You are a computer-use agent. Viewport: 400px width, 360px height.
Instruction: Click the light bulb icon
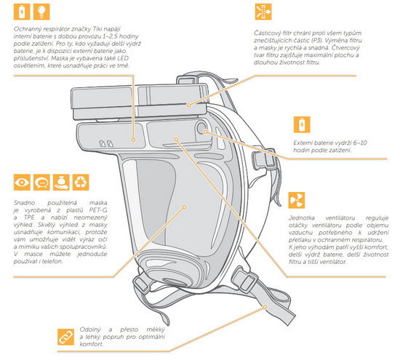41,12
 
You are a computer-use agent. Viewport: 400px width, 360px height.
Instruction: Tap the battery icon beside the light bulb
22,12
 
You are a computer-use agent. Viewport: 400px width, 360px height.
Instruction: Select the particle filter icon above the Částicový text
263,12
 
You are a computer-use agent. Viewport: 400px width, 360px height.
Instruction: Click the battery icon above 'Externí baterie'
302,124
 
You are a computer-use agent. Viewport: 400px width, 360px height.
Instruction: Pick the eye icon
22,182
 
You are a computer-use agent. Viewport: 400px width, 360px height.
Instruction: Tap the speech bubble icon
41,182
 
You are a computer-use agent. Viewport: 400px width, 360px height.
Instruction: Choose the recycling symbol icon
81,182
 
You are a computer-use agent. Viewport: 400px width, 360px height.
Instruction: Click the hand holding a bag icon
61,182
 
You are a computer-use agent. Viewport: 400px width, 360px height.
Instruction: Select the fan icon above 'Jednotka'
297,200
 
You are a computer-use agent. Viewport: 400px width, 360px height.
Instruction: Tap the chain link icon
65,337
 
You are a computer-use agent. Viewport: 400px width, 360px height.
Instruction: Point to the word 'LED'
123,58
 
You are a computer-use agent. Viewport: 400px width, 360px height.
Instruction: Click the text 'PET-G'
98,210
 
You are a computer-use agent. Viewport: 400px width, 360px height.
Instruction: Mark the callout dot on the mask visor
185,207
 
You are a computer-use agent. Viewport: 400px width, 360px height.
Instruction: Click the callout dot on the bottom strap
265,307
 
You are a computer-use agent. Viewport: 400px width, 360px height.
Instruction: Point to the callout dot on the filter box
188,105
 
